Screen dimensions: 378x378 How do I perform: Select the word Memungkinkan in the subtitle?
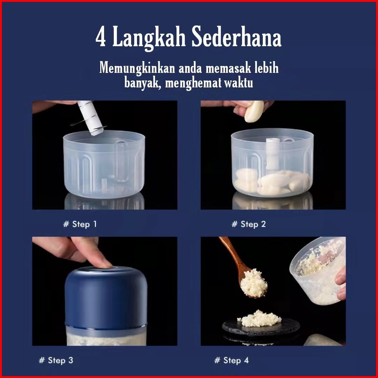[x=137, y=68]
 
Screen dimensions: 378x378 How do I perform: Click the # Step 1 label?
[x=80, y=224]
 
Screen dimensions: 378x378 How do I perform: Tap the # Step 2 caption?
[x=249, y=224]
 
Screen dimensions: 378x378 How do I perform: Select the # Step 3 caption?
[x=56, y=360]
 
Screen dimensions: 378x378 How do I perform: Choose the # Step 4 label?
[x=231, y=360]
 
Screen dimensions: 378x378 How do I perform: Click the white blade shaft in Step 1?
[x=91, y=118]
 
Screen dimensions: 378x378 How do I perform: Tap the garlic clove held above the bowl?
[x=254, y=111]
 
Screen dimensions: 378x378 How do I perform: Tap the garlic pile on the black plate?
[x=260, y=318]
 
